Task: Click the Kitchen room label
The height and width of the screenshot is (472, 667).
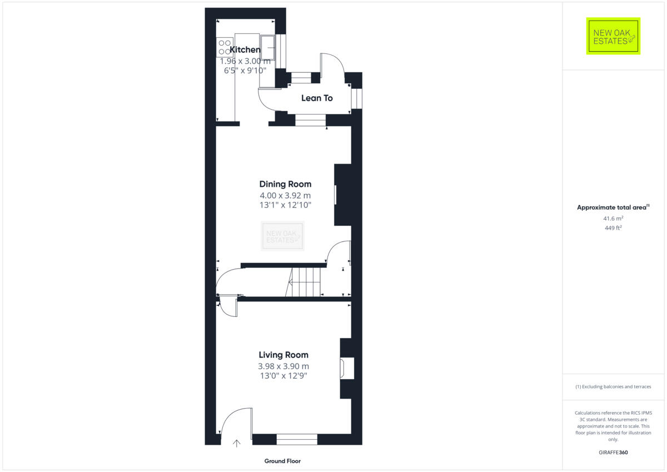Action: [x=245, y=50]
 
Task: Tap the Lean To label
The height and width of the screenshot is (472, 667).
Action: [x=317, y=98]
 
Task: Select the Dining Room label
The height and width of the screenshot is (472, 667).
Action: [x=285, y=184]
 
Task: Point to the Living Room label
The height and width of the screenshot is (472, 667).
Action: [x=283, y=355]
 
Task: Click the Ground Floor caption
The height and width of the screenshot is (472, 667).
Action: [x=282, y=461]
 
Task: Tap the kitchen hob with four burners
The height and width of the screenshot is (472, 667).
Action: [x=225, y=47]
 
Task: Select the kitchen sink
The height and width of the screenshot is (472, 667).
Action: [x=267, y=47]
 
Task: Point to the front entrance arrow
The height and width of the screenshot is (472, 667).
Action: [x=236, y=443]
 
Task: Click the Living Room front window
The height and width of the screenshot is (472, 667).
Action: [x=297, y=439]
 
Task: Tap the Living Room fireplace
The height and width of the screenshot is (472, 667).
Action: [x=347, y=369]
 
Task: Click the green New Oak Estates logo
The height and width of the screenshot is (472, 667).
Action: [x=613, y=36]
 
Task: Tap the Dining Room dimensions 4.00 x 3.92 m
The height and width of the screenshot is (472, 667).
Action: [x=285, y=195]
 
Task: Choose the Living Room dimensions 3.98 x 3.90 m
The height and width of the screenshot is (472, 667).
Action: [x=283, y=366]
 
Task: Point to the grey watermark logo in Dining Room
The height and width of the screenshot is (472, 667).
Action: [x=283, y=236]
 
